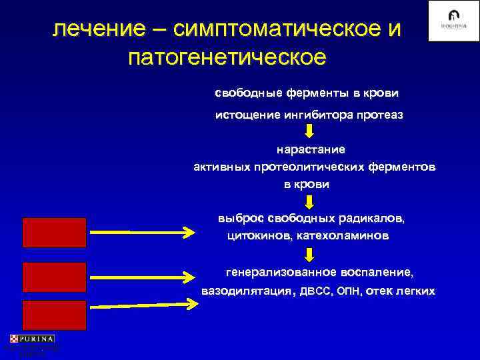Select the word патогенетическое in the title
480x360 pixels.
coord(227,57)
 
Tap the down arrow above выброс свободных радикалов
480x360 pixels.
coord(309,201)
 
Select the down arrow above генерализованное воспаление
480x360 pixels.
coord(309,255)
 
